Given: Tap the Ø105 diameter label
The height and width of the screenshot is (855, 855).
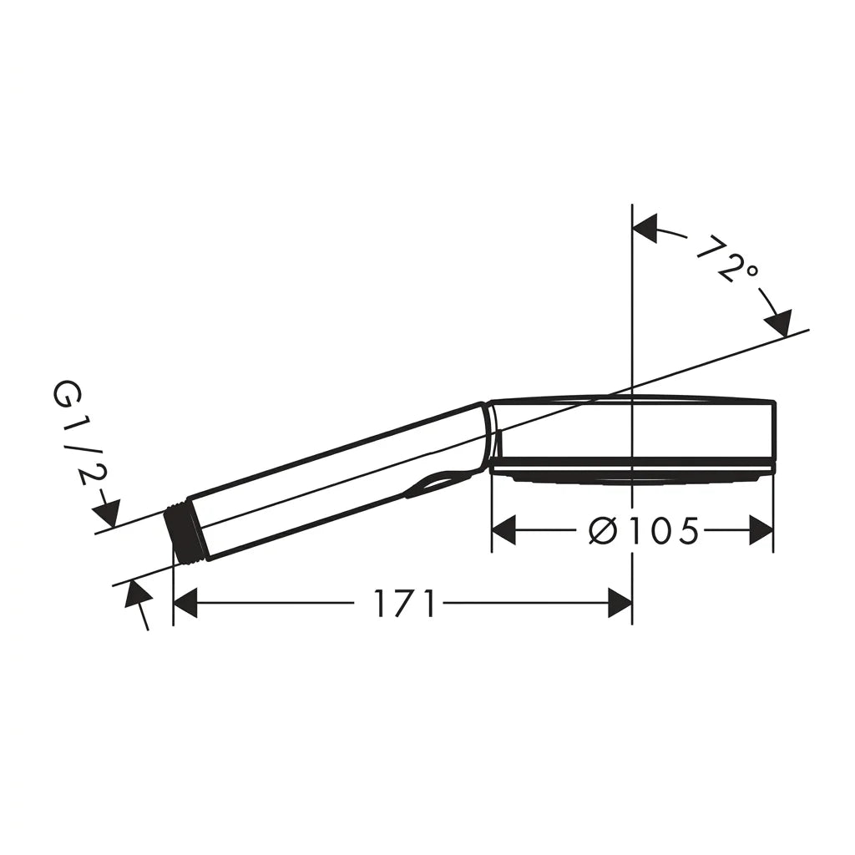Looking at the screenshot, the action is (644, 530).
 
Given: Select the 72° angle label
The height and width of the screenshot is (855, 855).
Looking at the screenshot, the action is (728, 259).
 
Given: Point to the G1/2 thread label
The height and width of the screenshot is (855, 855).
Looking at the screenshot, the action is (75, 433).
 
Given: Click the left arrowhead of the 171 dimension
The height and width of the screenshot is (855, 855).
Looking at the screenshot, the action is (185, 603).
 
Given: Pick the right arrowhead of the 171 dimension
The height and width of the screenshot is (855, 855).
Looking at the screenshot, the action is (620, 603).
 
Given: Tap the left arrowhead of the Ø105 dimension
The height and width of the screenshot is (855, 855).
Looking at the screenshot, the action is (503, 530).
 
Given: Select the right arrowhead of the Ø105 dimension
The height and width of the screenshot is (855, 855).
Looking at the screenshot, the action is (761, 530).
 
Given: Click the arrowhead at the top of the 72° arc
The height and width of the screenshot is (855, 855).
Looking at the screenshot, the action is (645, 227).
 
